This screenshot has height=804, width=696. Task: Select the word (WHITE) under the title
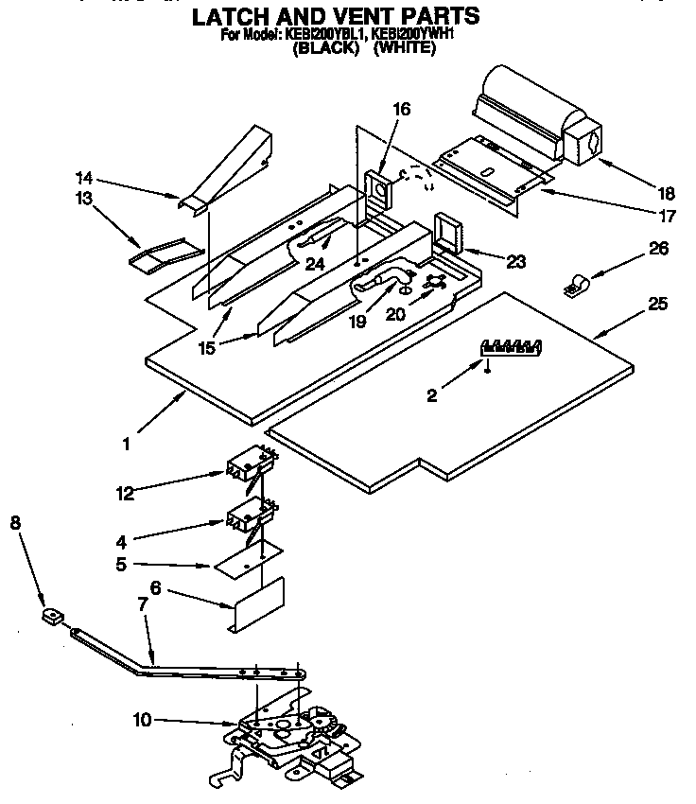(404, 50)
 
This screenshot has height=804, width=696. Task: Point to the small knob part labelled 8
(52, 618)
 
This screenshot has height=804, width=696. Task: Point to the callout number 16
(401, 110)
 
